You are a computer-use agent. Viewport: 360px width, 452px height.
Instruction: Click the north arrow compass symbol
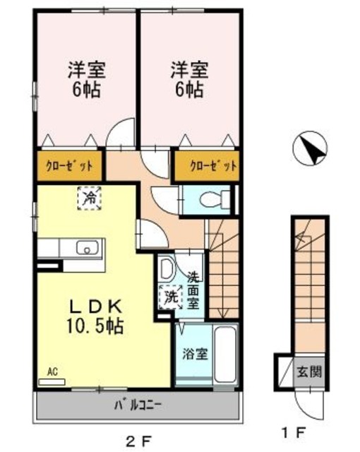coord(310,149)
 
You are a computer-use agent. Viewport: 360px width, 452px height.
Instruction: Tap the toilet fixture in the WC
coord(215,199)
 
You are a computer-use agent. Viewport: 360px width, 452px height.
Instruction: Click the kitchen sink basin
coord(88,248)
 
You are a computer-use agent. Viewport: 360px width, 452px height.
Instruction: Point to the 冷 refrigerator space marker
coord(89,198)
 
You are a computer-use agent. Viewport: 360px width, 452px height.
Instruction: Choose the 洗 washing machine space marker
coord(171,297)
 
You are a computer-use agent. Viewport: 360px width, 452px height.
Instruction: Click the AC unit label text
coord(53,371)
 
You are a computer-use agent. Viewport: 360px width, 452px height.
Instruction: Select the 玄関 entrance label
coord(309,372)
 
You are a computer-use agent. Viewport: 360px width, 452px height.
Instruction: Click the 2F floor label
coord(139,441)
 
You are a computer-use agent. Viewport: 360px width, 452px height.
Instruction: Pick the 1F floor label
coord(293,432)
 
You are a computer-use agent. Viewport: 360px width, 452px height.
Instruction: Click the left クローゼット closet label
coord(70,167)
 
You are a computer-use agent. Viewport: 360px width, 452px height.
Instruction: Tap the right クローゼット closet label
coord(213,166)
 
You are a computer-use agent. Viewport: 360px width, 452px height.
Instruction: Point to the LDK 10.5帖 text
coord(95,316)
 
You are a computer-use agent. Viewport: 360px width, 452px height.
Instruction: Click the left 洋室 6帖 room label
coord(87,79)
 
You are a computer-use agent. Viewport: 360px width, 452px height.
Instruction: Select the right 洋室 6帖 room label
coord(189,79)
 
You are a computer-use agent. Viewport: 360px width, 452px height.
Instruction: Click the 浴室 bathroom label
coord(196,354)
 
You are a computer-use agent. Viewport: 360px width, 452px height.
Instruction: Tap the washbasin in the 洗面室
coord(166,268)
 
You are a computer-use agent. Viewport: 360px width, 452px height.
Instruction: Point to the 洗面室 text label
coord(193,290)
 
